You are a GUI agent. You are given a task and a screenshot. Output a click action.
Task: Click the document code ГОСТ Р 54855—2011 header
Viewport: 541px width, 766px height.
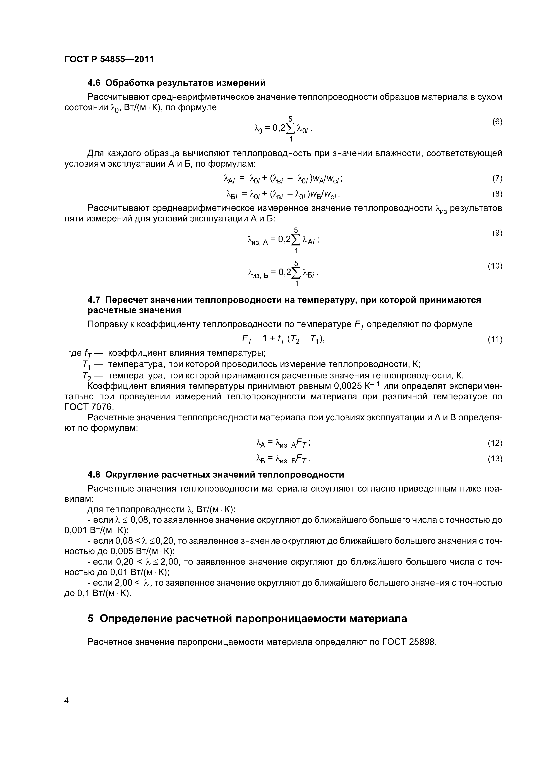point(109,59)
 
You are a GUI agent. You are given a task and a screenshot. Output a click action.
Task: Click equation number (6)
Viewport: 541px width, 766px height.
point(497,122)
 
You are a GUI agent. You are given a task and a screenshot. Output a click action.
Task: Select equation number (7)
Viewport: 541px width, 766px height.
point(497,178)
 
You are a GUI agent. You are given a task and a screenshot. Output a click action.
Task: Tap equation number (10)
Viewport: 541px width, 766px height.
point(495,266)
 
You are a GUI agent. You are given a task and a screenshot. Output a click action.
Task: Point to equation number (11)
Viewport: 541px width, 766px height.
point(495,339)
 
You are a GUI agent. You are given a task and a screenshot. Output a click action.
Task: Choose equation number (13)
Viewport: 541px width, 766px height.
point(495,459)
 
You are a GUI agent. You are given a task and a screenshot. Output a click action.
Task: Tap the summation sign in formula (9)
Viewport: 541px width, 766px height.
point(296,239)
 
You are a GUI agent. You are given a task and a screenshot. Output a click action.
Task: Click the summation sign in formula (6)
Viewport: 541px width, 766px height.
point(291,128)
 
